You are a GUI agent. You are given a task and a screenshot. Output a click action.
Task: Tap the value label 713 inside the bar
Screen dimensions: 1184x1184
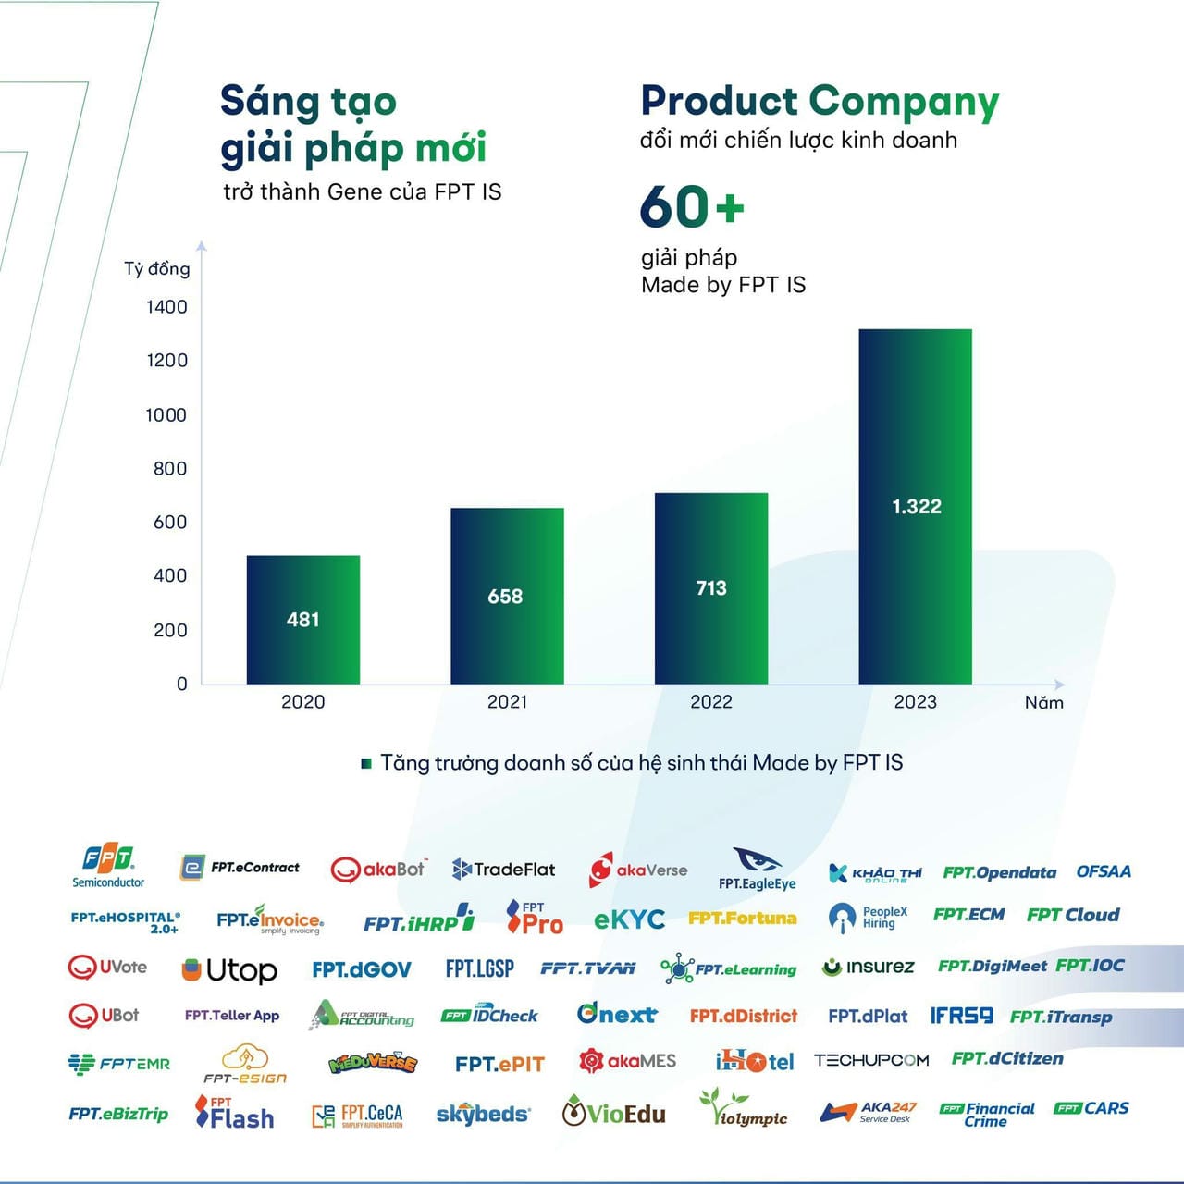coord(711,587)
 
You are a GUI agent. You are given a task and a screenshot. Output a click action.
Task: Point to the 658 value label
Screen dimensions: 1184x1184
coord(505,597)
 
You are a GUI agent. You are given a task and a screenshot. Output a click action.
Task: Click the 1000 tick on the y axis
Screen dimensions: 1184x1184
coord(166,415)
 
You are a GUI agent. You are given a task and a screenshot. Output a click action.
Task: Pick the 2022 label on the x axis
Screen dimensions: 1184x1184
coord(711,702)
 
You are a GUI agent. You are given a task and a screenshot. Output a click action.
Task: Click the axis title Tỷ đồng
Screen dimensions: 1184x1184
coord(157,269)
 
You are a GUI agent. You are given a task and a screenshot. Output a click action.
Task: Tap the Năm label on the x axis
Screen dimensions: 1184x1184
coord(1043,703)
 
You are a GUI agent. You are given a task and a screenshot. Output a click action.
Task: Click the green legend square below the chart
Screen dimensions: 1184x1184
coord(366,764)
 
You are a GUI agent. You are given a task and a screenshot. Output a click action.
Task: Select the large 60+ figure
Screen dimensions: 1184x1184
coord(692,206)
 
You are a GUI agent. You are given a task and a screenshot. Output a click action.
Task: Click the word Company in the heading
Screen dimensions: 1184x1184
coord(904,102)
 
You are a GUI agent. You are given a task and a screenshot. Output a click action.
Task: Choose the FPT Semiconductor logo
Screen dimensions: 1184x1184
coord(108,866)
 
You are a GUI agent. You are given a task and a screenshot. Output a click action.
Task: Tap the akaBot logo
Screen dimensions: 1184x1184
coord(378,869)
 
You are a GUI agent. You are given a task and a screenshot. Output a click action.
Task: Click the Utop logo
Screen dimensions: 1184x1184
coord(229,970)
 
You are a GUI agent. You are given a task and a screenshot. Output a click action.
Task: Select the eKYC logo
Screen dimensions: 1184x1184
coord(629,919)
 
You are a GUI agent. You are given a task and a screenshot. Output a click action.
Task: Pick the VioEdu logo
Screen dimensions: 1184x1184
coord(613,1113)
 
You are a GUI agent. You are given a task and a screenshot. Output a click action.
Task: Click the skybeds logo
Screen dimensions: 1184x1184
coord(483,1114)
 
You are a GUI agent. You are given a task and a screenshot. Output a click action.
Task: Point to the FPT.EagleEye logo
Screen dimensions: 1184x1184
coord(757,869)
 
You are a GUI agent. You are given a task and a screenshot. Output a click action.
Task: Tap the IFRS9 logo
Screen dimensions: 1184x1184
coord(961,1016)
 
